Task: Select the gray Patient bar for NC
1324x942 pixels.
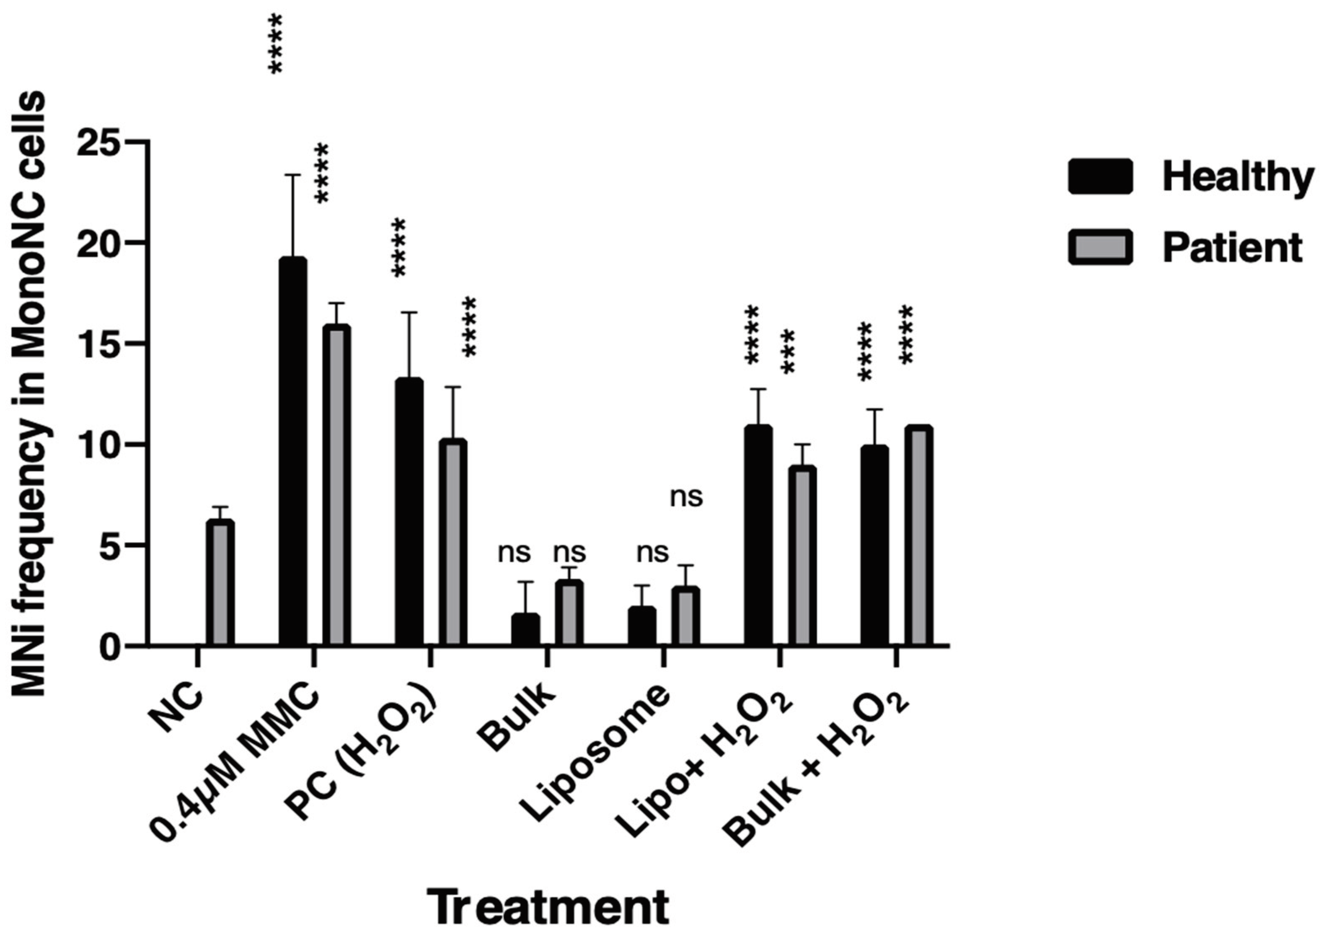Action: (x=220, y=582)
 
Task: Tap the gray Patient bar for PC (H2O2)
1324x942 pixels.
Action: (x=453, y=542)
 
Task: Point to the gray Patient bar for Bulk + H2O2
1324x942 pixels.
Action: (x=918, y=536)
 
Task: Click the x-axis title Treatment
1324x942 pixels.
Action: (x=548, y=908)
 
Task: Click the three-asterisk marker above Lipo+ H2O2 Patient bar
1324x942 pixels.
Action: (x=788, y=352)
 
